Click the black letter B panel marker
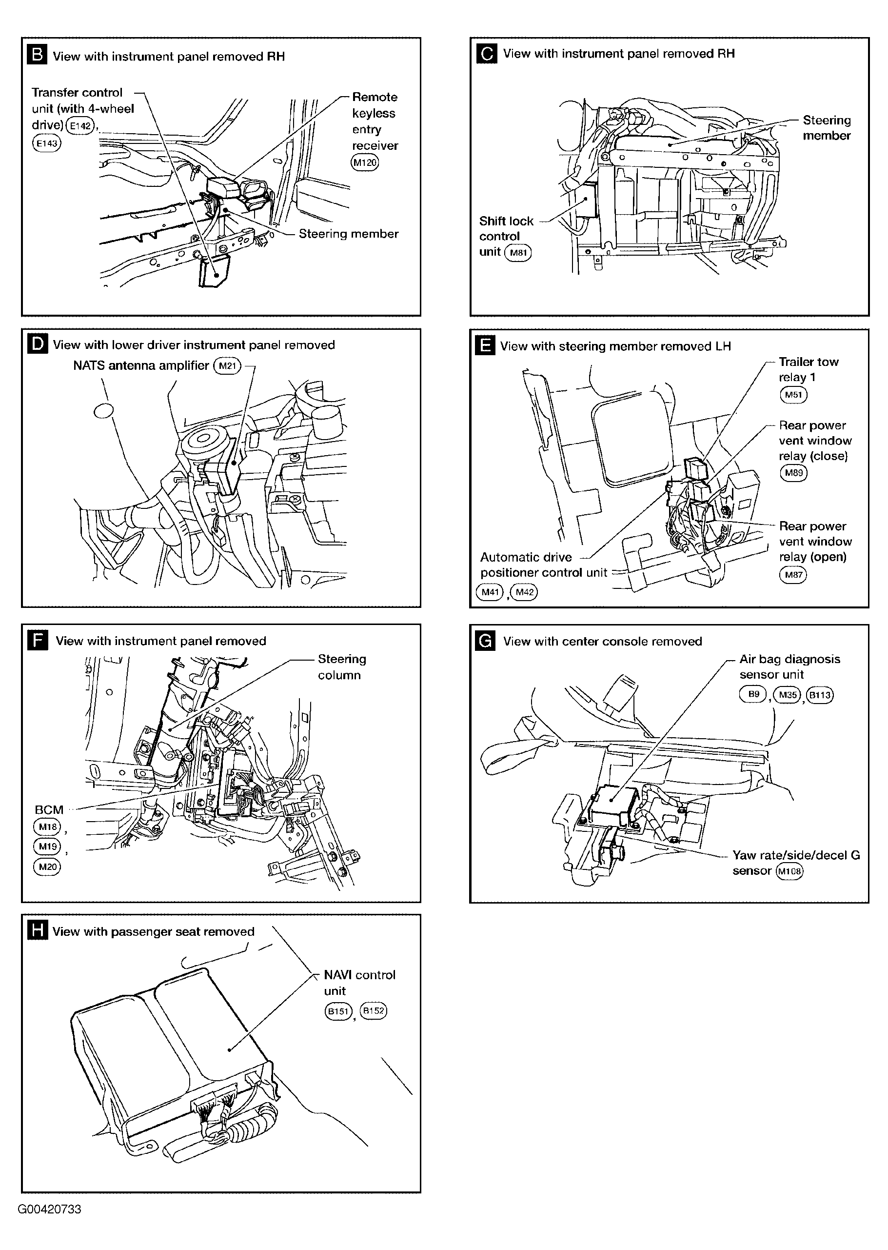click(37, 55)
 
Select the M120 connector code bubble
click(365, 162)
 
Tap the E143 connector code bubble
click(47, 143)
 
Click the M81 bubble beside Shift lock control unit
click(517, 253)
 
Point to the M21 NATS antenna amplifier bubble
click(227, 365)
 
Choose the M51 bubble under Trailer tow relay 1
click(793, 394)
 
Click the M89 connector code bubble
click(793, 473)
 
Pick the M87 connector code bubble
click(793, 574)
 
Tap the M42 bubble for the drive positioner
click(524, 592)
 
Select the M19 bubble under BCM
click(48, 847)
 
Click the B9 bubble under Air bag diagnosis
click(753, 694)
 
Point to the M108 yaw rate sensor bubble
click(789, 871)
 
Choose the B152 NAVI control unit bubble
click(373, 1010)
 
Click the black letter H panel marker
click(37, 930)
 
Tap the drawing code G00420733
click(49, 1209)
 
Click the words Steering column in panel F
click(342, 667)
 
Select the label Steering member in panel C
click(826, 127)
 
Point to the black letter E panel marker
click(485, 346)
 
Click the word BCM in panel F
click(49, 809)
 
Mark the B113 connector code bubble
click(820, 695)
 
